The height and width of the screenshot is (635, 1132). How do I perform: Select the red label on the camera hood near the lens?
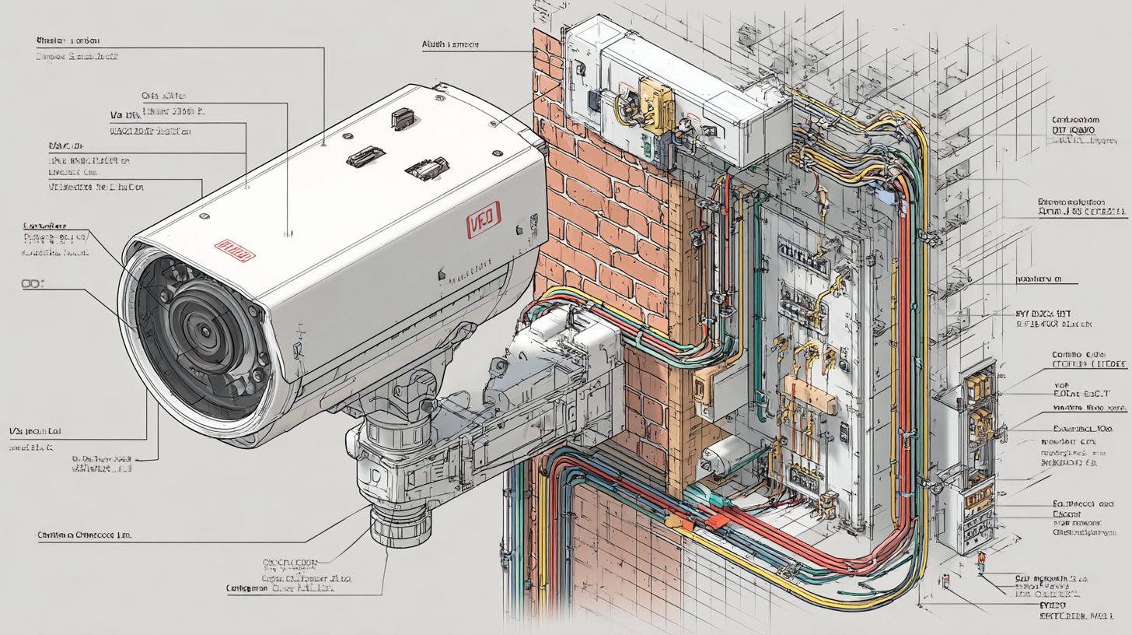coord(235,250)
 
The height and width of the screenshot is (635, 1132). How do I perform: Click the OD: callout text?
coord(33,286)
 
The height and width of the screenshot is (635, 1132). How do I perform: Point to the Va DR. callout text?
coord(123,114)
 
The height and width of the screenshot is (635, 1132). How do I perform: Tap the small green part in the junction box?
coord(647,145)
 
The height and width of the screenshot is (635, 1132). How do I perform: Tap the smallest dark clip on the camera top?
coord(402,118)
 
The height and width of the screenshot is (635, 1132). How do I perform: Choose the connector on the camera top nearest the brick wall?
coord(426,169)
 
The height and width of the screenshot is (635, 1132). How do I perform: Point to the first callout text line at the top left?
coord(68,39)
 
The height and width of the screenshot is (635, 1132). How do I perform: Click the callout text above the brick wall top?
coord(450,45)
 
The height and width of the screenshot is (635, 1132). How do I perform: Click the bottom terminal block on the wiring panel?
coord(803,472)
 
